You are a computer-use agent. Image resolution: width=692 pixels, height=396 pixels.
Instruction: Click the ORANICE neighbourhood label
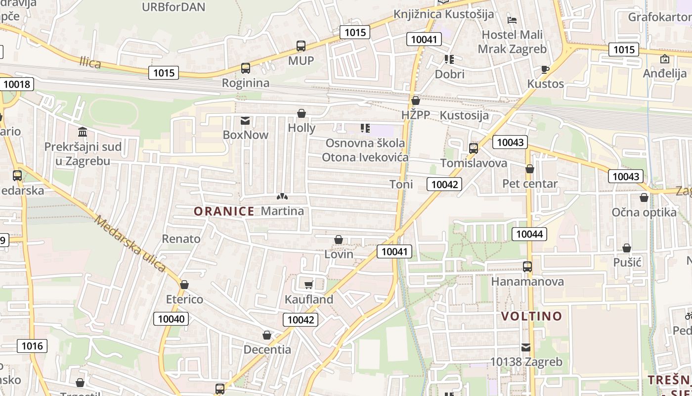224,211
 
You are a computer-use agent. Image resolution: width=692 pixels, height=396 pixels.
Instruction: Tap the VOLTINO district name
532,316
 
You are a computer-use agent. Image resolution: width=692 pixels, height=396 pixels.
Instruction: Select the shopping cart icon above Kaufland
309,285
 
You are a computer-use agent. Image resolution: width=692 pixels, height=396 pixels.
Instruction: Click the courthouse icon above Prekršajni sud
83,132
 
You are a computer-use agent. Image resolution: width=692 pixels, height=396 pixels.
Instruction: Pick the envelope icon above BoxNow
245,120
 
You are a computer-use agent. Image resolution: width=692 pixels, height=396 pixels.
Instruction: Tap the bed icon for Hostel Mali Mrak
512,20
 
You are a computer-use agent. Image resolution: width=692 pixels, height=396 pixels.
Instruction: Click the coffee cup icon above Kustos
545,69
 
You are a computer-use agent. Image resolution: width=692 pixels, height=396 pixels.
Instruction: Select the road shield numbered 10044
529,234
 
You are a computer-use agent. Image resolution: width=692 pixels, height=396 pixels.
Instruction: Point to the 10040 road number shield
172,319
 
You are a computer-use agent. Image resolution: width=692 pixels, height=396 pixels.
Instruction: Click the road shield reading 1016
33,346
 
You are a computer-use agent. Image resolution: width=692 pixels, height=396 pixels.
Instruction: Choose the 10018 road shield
17,84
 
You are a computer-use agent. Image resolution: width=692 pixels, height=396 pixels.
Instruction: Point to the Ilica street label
90,62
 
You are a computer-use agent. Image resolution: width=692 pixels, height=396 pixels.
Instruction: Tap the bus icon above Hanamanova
527,267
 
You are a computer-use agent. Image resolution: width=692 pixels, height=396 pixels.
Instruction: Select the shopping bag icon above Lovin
339,240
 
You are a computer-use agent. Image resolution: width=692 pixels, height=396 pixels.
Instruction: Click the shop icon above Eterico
184,285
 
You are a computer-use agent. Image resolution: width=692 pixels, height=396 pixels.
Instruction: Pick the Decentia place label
267,349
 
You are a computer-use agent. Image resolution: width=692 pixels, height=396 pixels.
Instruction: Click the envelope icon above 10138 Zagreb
526,347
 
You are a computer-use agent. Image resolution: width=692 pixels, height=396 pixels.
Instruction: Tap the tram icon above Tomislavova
474,148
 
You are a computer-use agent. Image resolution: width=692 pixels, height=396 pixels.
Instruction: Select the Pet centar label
530,184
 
